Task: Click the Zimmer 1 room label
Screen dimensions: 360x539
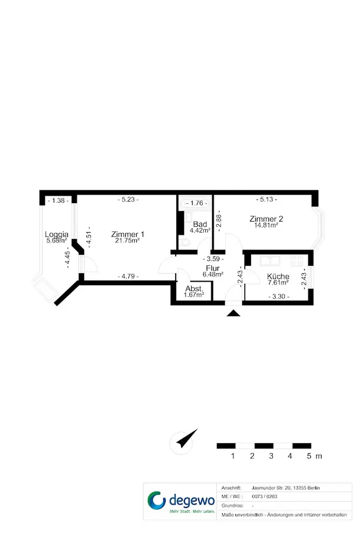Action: (128, 234)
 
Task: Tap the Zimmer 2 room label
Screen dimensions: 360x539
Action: (266, 219)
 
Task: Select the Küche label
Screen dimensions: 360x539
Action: (278, 277)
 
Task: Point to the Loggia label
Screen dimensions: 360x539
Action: (57, 235)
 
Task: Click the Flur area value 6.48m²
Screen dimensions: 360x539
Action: (213, 274)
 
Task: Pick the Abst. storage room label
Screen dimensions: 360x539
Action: (194, 289)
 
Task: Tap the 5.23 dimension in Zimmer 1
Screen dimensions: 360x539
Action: (128, 199)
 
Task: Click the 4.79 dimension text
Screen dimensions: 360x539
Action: (128, 276)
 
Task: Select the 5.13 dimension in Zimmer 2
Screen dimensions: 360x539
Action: (266, 199)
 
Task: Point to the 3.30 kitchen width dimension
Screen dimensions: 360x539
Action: (279, 296)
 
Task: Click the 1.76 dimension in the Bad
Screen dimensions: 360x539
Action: (197, 203)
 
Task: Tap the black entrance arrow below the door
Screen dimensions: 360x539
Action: (233, 313)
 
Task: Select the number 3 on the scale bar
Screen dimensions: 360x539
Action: (271, 456)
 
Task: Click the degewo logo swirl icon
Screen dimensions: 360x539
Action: (156, 500)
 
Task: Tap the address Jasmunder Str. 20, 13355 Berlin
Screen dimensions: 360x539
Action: (286, 488)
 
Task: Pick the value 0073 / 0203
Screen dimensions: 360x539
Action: (265, 496)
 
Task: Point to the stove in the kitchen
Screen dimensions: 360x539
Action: (296, 260)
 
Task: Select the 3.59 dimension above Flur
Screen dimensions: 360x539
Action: (213, 259)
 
